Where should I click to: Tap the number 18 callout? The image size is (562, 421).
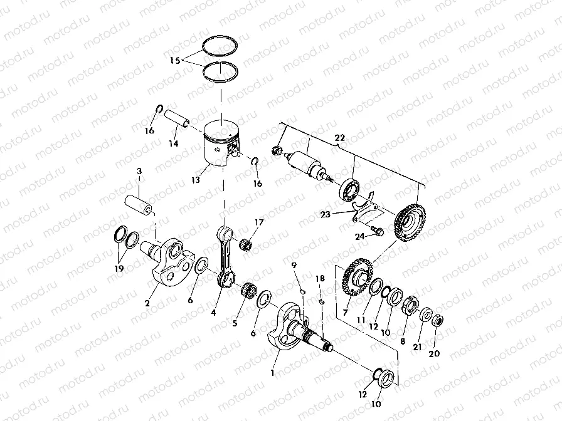pyautogui.click(x=320, y=278)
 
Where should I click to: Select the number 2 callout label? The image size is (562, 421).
pyautogui.click(x=147, y=303)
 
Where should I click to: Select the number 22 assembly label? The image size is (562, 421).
pyautogui.click(x=339, y=137)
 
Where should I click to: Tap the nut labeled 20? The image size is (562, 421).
pyautogui.click(x=438, y=322)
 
